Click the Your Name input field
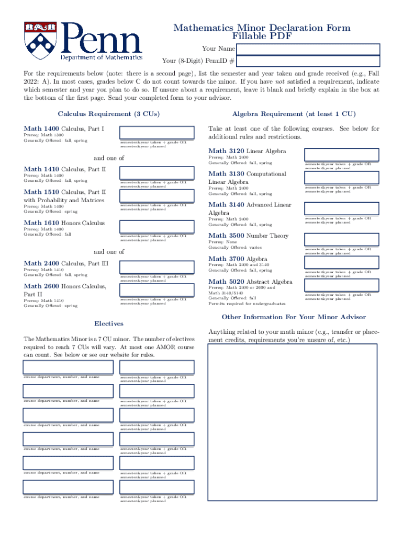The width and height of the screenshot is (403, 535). coord(308,49)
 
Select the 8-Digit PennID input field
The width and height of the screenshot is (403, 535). coord(308,61)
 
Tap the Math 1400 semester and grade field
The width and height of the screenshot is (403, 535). coord(156,132)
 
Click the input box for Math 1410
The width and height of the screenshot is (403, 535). coord(156,173)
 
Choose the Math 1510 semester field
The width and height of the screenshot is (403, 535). coord(156,196)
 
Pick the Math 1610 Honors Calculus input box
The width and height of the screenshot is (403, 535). coord(156,227)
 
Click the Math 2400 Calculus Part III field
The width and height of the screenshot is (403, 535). coord(156,267)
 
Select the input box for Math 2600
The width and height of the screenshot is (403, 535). coord(156,290)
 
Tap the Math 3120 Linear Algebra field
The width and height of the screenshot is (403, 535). coord(341,155)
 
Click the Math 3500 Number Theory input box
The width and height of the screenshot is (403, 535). coord(341,240)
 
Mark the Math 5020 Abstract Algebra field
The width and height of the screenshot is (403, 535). coord(341,286)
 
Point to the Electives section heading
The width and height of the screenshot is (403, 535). coord(109,323)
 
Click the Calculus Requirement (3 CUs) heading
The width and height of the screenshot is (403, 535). coord(109,114)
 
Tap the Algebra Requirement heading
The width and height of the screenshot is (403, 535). coord(294,114)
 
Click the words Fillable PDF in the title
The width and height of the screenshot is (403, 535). coord(262,37)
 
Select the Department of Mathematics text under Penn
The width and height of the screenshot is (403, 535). coord(102,57)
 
